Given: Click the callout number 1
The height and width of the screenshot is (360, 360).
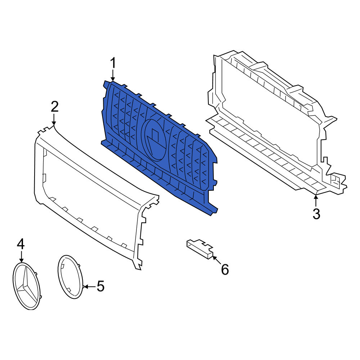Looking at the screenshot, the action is (x=113, y=63).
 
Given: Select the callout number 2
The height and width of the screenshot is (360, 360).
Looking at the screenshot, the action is (x=55, y=107).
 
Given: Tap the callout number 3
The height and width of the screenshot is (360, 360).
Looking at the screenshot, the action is (x=316, y=214).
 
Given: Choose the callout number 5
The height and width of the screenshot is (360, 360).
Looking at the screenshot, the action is (x=100, y=286).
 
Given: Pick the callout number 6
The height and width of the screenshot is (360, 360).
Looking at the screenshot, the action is (x=225, y=269).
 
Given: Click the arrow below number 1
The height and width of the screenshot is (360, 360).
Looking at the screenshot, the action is (x=113, y=76).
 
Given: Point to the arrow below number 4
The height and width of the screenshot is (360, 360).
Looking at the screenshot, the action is (x=21, y=256).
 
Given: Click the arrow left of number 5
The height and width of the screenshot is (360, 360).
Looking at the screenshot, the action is (x=89, y=287).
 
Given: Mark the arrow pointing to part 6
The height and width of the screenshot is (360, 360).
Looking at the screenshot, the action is (x=217, y=260).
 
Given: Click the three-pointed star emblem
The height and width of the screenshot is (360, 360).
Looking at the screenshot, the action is (x=27, y=286).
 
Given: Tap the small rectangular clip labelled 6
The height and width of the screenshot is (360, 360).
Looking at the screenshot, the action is (x=200, y=249).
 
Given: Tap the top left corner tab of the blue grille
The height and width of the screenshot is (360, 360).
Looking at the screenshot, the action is (x=107, y=84).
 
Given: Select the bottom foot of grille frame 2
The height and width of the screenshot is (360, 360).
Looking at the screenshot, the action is (x=137, y=267).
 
